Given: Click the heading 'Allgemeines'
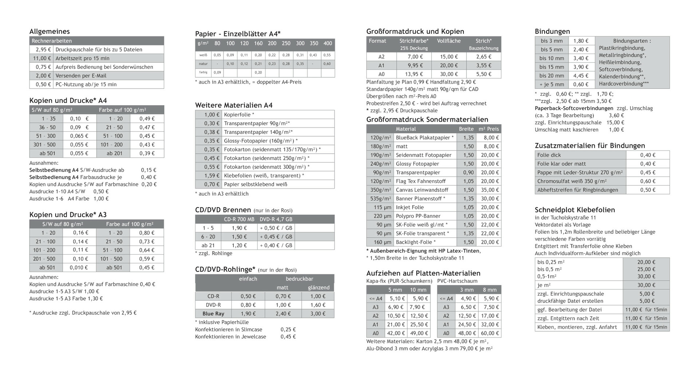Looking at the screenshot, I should [x=50, y=31].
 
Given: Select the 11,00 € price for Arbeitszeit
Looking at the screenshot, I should [x=41, y=58].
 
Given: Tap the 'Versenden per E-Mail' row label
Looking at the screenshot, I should [x=81, y=76].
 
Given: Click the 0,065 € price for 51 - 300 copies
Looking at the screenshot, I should [x=79, y=136].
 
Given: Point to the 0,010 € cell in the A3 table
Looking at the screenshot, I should [x=79, y=268].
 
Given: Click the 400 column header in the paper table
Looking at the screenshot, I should [x=328, y=43].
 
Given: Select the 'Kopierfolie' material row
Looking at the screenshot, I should [x=239, y=115].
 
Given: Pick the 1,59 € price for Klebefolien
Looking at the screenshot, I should [x=212, y=175].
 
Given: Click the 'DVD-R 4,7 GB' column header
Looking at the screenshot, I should [x=276, y=219].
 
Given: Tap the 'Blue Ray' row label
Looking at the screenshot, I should [x=213, y=313].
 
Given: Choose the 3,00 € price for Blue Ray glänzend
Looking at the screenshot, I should [x=318, y=313].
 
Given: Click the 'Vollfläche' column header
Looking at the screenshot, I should [x=449, y=41].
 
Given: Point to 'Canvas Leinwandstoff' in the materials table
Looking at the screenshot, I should [x=422, y=190].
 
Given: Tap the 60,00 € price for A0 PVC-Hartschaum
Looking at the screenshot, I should [x=490, y=333].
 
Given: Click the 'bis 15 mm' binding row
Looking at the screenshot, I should [x=552, y=67].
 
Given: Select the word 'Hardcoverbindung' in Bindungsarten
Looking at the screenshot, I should [x=624, y=84].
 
